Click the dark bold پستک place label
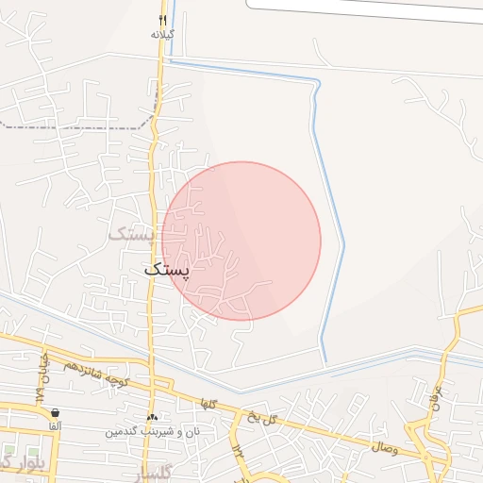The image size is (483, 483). (x=167, y=269)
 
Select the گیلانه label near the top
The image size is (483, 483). (x=162, y=34)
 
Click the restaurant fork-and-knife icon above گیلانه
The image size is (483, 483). (x=162, y=20)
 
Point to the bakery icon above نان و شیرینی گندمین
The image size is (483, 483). (x=152, y=416)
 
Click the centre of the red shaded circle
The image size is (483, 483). (x=241, y=241)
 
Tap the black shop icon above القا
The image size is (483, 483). (x=56, y=412)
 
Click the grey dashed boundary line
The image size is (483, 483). (x=75, y=126)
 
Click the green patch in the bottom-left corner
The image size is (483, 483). (x=8, y=454)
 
